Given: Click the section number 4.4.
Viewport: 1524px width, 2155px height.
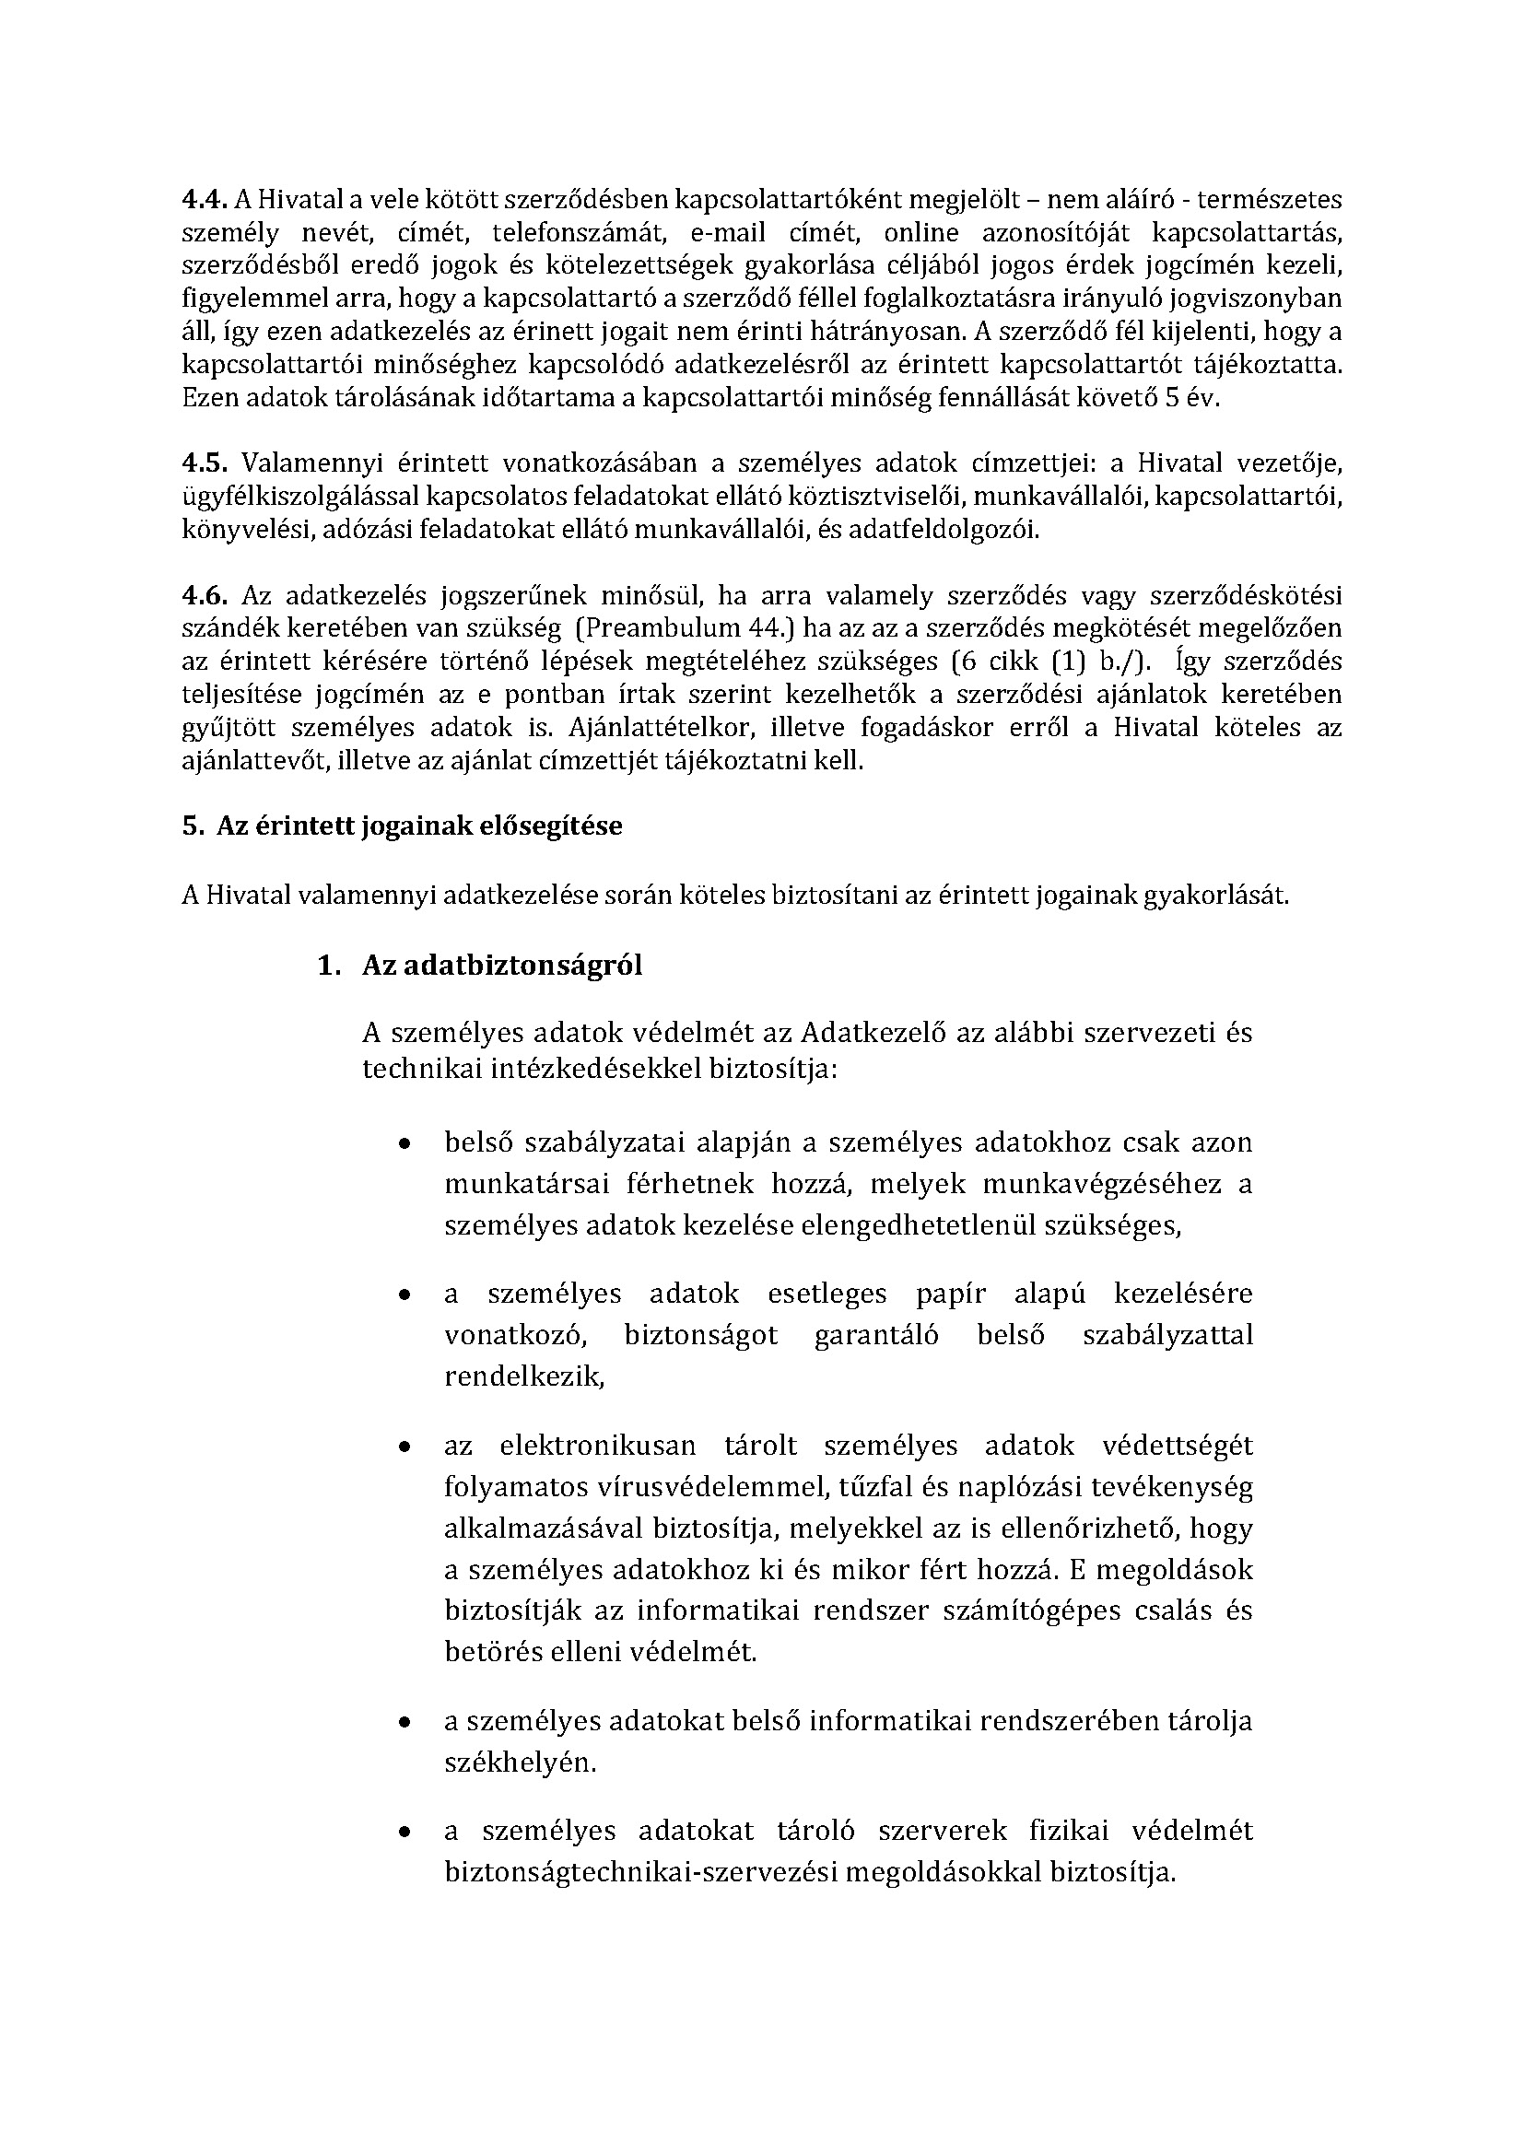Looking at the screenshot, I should tap(204, 199).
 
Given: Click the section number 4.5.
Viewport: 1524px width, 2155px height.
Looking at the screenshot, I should tap(204, 463).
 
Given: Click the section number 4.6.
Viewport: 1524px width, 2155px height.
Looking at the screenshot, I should tap(204, 595).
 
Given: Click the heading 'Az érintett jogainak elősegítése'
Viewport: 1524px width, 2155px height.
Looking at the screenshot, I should tap(419, 826).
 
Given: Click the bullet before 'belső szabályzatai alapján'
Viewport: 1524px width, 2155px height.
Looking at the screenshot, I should tap(404, 1144).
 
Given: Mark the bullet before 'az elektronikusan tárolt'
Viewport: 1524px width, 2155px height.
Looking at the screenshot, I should tap(404, 1447).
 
